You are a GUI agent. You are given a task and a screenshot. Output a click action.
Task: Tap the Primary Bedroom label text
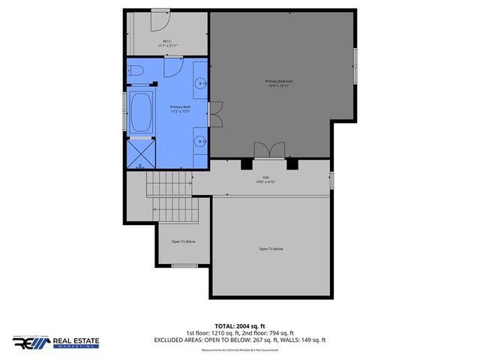(x=280, y=83)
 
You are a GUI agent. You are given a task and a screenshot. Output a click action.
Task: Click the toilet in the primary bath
(x=136, y=71)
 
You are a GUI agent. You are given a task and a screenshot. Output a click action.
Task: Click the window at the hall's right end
(x=331, y=180)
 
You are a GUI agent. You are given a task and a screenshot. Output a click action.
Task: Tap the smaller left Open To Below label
(x=184, y=241)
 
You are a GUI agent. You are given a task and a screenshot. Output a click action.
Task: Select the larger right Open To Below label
(x=271, y=249)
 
